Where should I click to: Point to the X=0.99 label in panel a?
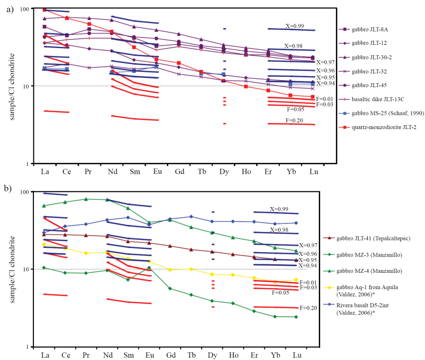[x=294, y=26]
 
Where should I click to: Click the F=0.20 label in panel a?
[x=294, y=120]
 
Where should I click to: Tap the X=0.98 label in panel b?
[x=279, y=230]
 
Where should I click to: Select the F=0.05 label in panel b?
[x=280, y=293]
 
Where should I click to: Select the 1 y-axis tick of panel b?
[x=37, y=347]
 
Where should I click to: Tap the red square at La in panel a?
[x=45, y=10]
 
